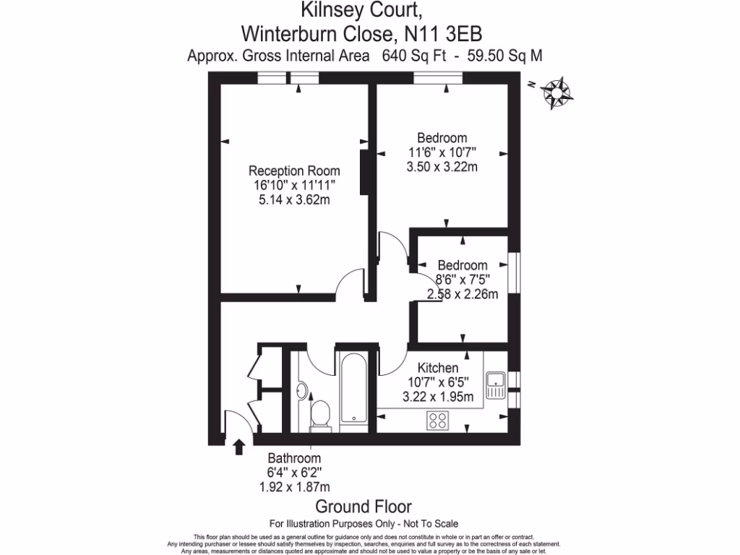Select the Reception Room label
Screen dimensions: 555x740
click(x=294, y=171)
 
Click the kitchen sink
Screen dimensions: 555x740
click(x=495, y=385)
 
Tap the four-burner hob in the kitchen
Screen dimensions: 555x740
click(x=437, y=420)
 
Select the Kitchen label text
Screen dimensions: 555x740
click(x=438, y=368)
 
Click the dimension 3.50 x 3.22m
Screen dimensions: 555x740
click(x=442, y=167)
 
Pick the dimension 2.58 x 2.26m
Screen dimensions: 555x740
click(x=462, y=293)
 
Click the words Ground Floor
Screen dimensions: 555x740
click(x=363, y=507)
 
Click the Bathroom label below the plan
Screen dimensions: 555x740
click(x=294, y=458)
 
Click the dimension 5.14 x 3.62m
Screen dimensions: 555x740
click(x=294, y=199)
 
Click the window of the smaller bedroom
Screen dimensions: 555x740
click(x=514, y=272)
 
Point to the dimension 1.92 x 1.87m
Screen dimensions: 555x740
click(x=294, y=487)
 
